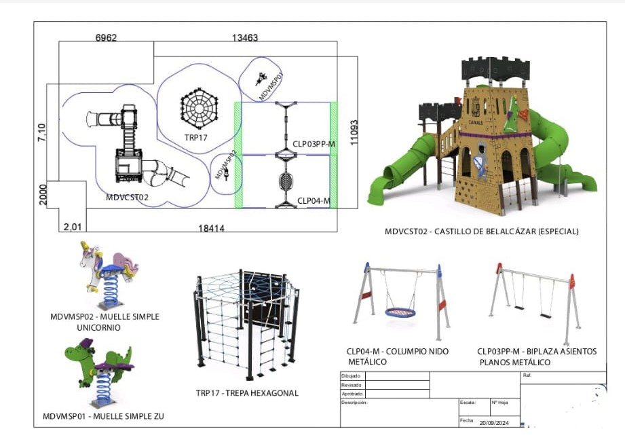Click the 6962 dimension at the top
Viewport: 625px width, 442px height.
click(x=107, y=38)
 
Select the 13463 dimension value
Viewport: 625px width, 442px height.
click(x=245, y=38)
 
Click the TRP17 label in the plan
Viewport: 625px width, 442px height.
click(x=195, y=137)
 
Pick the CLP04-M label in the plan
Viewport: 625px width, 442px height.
click(x=313, y=200)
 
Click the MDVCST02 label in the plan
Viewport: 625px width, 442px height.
click(x=127, y=198)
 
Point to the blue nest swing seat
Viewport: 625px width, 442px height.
click(x=400, y=312)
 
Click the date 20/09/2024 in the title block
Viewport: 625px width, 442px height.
click(x=493, y=422)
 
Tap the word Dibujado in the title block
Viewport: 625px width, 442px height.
click(x=351, y=375)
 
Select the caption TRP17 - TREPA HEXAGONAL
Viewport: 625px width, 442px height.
click(x=247, y=393)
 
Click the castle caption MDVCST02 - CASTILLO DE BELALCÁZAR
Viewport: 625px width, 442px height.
click(x=481, y=232)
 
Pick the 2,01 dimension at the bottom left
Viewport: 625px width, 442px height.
click(x=71, y=226)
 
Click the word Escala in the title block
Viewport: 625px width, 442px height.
click(x=468, y=403)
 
